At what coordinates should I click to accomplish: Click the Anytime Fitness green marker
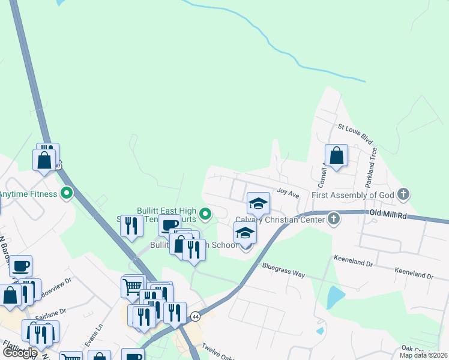[67, 194]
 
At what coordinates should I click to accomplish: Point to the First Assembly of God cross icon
[403, 194]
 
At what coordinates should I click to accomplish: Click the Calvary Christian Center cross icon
[333, 220]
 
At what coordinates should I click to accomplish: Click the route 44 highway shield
[195, 316]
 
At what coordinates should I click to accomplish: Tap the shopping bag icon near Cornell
[336, 155]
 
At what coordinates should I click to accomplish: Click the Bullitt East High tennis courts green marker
[205, 213]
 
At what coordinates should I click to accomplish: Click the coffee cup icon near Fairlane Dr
[21, 266]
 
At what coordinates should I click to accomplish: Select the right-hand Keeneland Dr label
[414, 274]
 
